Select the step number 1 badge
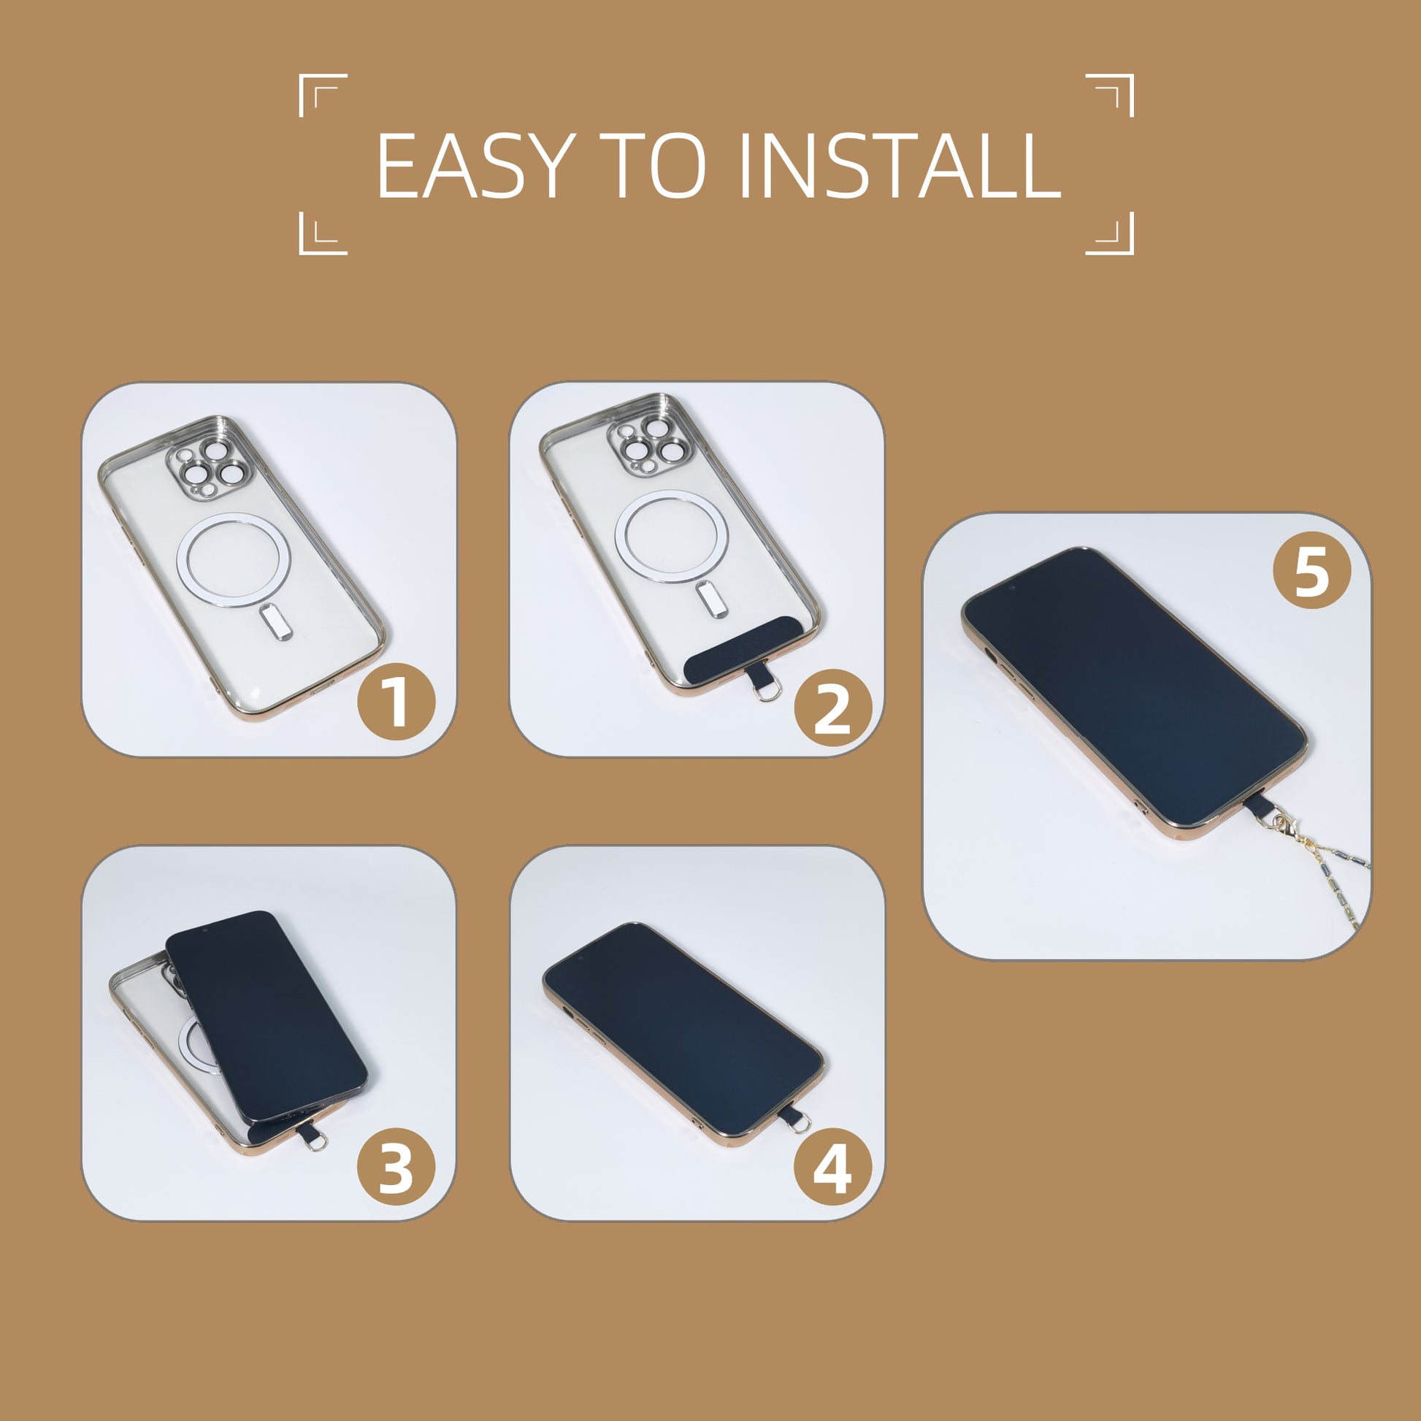pos(397,702)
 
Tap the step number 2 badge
pos(832,708)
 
